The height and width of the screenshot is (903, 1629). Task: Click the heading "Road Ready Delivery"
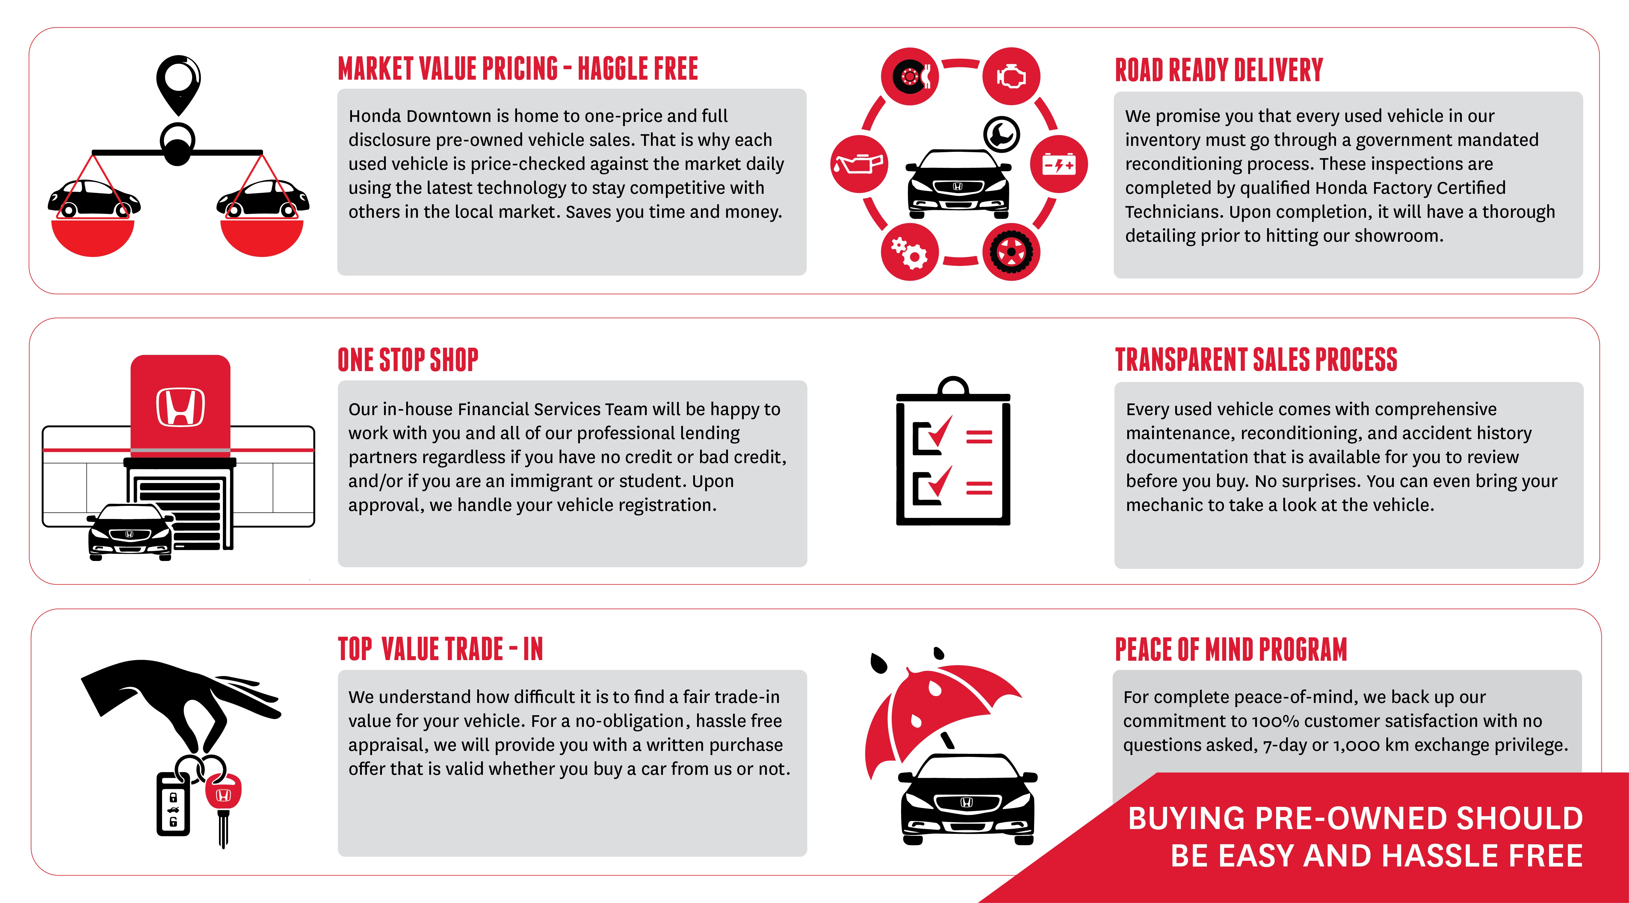[x=1219, y=69]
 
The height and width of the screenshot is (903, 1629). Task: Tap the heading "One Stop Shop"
[x=408, y=360]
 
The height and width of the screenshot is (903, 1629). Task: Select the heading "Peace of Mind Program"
[x=1231, y=649]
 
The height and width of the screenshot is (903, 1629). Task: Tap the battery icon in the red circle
[x=1059, y=164]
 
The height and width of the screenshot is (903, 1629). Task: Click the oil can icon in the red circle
[x=859, y=164]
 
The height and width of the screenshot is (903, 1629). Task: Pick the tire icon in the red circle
[x=1010, y=252]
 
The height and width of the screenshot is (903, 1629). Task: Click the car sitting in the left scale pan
[x=93, y=198]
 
